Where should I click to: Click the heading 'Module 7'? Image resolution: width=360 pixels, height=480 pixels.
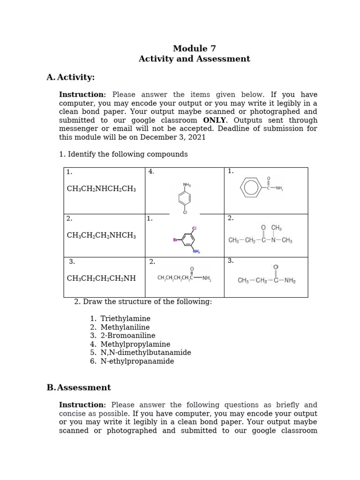tap(194, 48)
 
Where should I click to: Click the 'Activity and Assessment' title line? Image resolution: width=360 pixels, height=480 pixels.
tap(194, 59)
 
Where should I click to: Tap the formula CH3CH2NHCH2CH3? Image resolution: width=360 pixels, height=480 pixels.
tap(101, 188)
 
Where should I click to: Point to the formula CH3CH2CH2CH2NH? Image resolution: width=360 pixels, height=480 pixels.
tap(101, 278)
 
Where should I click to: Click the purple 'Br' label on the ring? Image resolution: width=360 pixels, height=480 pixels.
tap(176, 240)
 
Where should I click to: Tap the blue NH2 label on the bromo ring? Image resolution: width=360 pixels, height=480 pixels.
tap(196, 252)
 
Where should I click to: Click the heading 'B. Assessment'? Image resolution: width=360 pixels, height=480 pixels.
tap(79, 388)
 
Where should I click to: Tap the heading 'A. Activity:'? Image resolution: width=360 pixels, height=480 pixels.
tap(70, 77)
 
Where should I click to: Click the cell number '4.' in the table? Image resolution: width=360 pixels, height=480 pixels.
tap(151, 172)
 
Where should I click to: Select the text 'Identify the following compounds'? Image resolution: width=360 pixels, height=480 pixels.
tap(127, 154)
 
